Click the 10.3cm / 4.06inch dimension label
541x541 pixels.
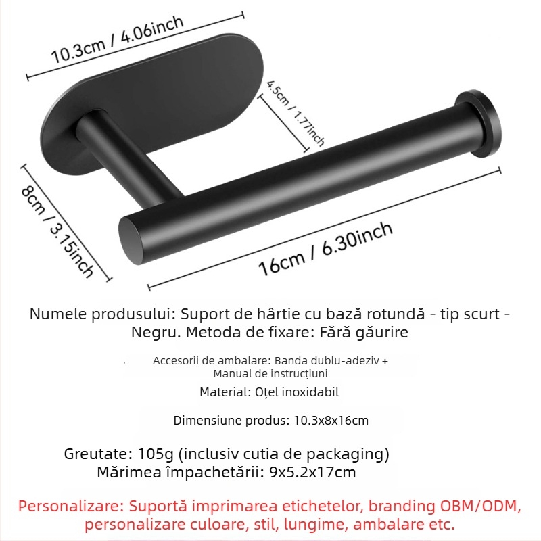(117, 39)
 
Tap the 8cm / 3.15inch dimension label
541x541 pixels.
(57, 233)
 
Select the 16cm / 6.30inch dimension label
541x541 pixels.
(325, 248)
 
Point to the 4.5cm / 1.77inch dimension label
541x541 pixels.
(296, 113)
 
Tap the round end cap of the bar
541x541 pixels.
(478, 122)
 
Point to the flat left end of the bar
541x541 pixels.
(131, 240)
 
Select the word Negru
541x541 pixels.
(156, 333)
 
